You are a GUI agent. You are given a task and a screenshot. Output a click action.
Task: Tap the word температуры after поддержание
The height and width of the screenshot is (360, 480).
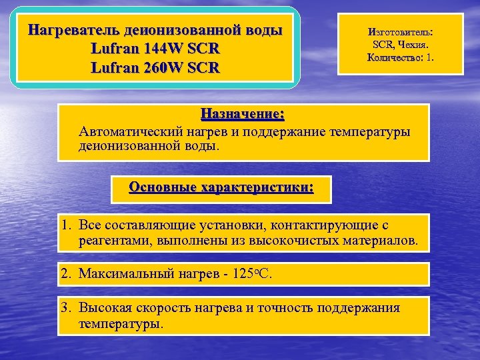[371, 131]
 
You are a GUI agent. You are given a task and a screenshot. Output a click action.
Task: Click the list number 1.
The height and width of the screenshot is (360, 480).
[66, 225]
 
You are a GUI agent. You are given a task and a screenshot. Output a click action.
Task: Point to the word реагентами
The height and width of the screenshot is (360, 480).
[115, 240]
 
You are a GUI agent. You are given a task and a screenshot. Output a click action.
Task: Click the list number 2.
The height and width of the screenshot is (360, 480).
[66, 273]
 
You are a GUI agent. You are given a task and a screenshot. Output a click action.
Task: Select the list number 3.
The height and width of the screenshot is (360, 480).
[66, 308]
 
